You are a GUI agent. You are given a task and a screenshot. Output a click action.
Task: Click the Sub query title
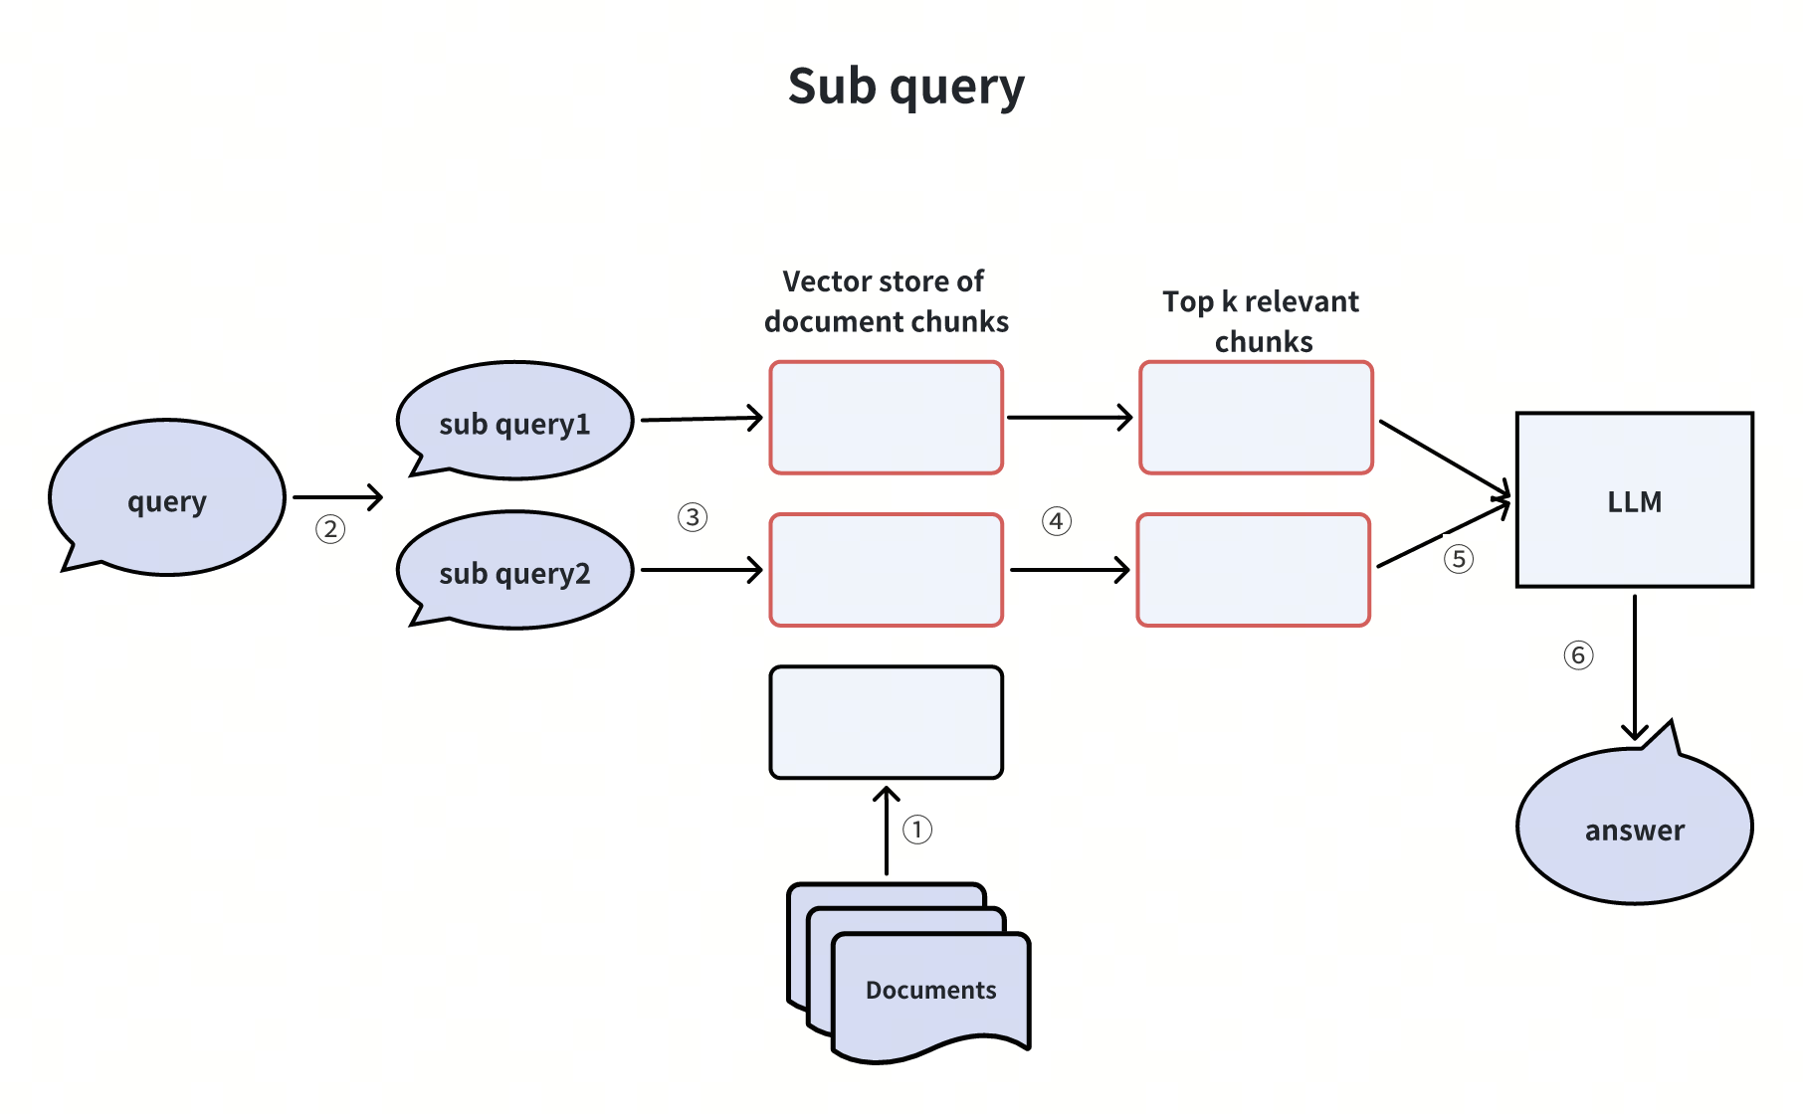tap(905, 87)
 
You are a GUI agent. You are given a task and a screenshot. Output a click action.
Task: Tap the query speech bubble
tap(167, 498)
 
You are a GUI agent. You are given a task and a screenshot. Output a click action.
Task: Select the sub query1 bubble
tap(514, 422)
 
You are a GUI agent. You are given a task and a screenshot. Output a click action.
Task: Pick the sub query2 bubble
tap(514, 571)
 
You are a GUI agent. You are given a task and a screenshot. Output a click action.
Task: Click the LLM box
tap(1634, 500)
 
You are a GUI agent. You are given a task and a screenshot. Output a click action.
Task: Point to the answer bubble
tap(1634, 828)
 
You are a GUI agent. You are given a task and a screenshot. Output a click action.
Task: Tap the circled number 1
tap(917, 830)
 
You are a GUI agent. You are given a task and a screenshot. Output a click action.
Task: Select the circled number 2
tap(330, 529)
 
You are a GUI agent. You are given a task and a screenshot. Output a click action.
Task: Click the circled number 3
tap(693, 517)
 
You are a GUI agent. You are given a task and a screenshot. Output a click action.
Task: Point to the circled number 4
tap(1057, 521)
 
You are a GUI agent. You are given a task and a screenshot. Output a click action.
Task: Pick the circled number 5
tap(1459, 559)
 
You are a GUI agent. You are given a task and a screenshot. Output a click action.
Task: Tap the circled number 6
tap(1578, 655)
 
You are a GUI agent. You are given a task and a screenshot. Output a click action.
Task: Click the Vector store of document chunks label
tap(886, 301)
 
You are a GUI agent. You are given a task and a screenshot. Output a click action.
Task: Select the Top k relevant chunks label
tap(1262, 321)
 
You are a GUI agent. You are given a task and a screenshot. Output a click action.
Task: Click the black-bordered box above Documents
tap(886, 722)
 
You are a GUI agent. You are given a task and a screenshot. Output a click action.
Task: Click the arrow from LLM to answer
tap(1635, 666)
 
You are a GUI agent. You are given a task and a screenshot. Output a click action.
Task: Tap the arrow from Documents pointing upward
tap(887, 832)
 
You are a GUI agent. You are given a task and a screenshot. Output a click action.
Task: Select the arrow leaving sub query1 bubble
tap(701, 419)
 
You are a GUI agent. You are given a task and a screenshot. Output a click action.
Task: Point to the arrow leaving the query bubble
tap(338, 497)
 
